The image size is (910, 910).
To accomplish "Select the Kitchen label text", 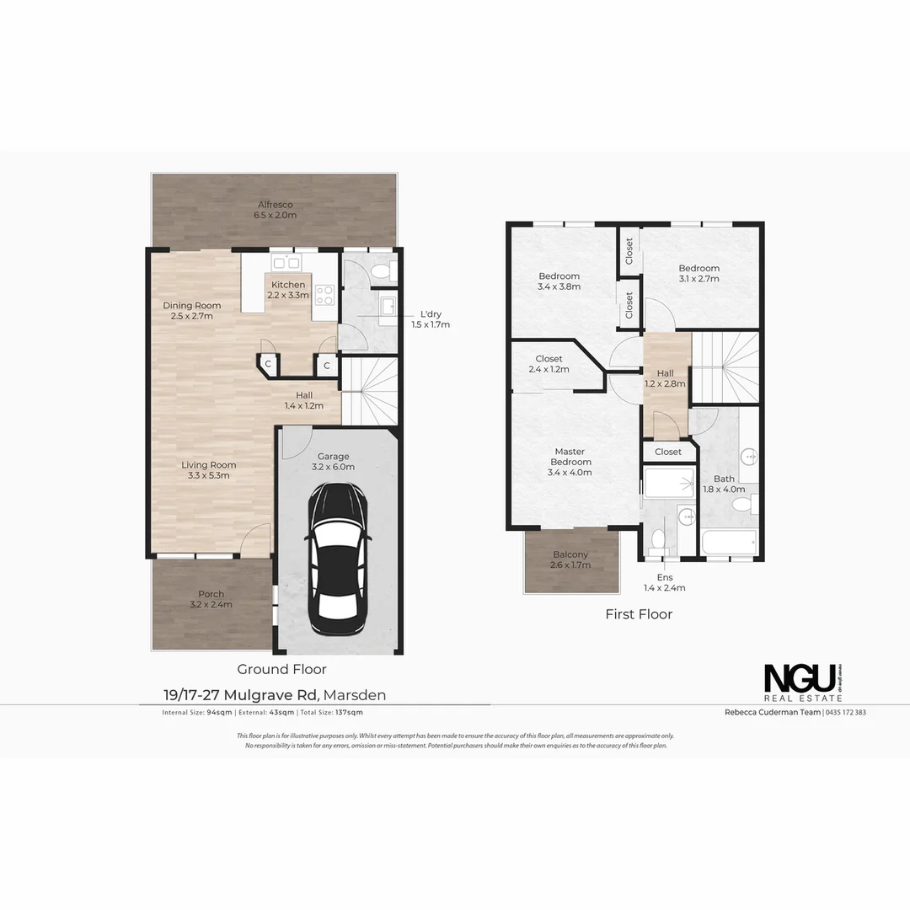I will click(288, 285).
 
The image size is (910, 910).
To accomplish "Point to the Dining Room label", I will click(192, 306).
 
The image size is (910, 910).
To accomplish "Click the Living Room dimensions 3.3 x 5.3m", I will click(209, 476).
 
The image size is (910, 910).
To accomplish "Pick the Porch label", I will click(211, 594).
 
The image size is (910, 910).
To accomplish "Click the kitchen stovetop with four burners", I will click(325, 295).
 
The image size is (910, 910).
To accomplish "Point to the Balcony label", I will click(570, 554).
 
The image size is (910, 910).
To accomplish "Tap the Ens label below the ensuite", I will click(665, 577).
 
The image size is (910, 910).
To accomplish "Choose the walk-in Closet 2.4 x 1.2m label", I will click(549, 359).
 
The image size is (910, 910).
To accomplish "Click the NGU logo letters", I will click(800, 677).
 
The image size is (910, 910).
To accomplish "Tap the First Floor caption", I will click(639, 614).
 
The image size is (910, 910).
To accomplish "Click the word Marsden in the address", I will click(355, 695).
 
